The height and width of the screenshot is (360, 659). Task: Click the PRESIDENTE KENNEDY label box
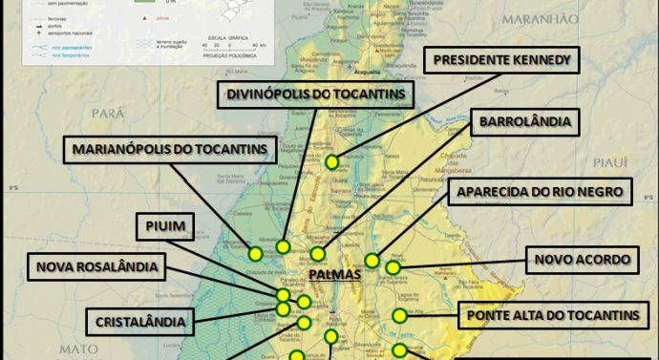tap(502, 60)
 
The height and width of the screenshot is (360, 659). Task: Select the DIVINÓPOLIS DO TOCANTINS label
tap(315, 94)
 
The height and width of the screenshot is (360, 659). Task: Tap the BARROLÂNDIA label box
tap(525, 123)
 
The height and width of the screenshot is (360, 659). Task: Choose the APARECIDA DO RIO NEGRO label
tap(540, 192)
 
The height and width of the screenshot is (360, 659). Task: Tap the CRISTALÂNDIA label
tap(139, 320)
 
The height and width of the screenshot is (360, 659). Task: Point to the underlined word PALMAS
tap(334, 275)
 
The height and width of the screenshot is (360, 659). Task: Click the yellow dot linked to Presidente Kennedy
tap(331, 161)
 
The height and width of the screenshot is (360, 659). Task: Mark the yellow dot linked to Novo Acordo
tap(393, 268)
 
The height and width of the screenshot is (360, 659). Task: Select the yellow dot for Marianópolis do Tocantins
tap(255, 254)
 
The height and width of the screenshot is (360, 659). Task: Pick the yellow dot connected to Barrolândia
tap(318, 254)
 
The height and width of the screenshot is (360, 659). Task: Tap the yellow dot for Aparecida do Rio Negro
tap(372, 260)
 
